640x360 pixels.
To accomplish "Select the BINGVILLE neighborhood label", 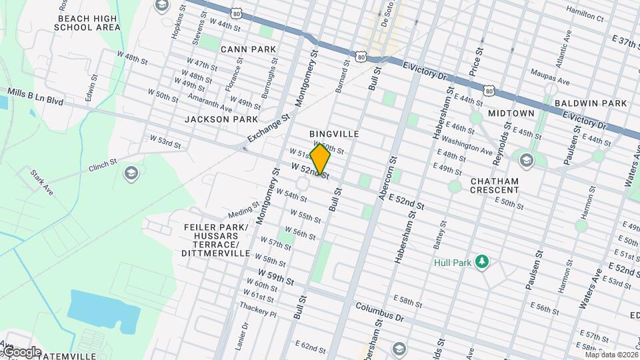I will (334, 134).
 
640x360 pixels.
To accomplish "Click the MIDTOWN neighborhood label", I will (511, 114).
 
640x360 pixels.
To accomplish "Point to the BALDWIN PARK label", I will (590, 103).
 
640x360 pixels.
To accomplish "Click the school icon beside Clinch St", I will (131, 174).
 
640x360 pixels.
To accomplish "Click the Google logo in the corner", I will (21, 352).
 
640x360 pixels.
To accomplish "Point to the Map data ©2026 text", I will (610, 354).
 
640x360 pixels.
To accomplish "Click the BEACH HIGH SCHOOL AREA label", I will (87, 22).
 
